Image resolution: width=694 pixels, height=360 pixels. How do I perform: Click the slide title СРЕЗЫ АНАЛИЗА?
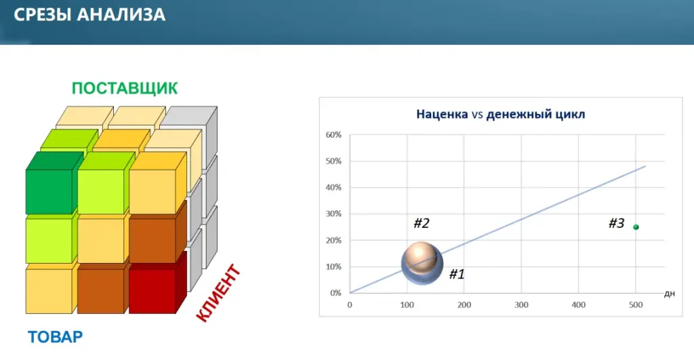tap(89, 15)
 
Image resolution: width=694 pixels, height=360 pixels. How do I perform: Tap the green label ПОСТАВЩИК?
tap(125, 88)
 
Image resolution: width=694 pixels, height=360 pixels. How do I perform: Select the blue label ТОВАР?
tap(56, 337)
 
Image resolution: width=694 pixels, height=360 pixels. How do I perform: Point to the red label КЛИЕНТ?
tap(218, 293)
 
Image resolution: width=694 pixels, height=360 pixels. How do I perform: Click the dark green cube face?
tap(49, 192)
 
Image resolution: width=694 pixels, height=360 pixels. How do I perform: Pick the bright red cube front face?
tap(152, 292)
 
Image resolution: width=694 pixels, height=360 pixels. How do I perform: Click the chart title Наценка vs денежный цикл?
tap(501, 115)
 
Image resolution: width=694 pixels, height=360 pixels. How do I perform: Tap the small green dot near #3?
tap(636, 227)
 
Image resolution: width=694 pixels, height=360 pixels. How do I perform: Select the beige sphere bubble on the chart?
tap(421, 257)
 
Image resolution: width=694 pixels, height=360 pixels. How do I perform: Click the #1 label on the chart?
tap(457, 274)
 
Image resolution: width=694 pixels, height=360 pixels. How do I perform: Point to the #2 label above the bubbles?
tap(422, 223)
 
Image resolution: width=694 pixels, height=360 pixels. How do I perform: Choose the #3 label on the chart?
tap(617, 223)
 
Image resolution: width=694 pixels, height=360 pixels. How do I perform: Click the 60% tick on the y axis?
tap(333, 135)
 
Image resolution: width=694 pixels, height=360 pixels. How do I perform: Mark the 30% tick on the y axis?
tap(333, 214)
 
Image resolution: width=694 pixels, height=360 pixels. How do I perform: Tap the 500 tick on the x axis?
tap(636, 304)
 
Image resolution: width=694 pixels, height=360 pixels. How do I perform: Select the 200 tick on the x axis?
tap(464, 304)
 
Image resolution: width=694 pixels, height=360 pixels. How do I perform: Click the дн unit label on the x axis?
tap(669, 294)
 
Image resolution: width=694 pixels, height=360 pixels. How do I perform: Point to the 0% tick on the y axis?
tap(335, 293)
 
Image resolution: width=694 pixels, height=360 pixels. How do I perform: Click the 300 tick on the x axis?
tap(521, 304)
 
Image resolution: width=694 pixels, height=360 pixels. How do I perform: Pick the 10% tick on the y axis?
tap(333, 266)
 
